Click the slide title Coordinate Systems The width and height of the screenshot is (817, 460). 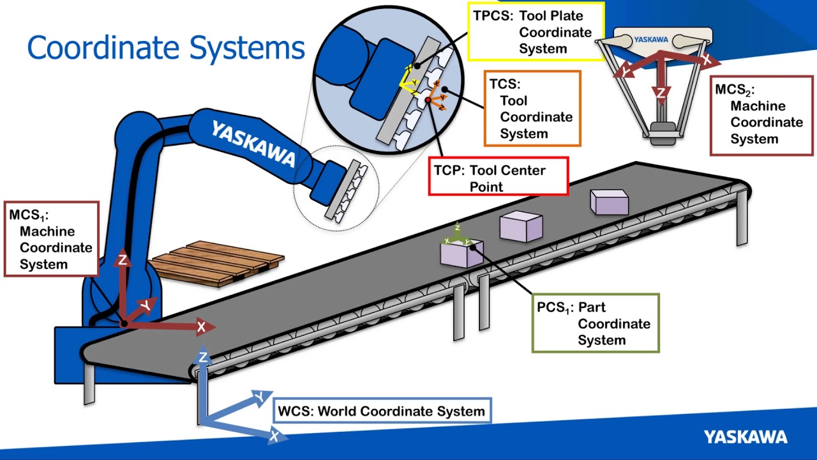coord(166,48)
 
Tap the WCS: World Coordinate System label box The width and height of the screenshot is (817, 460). coord(383,411)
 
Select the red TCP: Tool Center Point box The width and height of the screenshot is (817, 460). coord(498,178)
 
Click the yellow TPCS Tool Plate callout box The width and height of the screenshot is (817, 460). coord(536,32)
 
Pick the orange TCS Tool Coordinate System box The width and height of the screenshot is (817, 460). coord(532,109)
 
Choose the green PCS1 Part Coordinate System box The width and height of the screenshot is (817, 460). coord(596,323)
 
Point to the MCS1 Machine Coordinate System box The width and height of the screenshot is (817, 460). coord(52,240)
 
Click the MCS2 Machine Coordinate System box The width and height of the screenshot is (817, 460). coord(761,114)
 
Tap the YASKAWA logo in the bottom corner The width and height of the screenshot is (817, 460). coord(746,437)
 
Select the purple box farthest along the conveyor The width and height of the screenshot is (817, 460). coord(610,201)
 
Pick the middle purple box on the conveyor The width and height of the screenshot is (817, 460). coord(521,227)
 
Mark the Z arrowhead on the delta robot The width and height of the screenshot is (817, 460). coord(661,95)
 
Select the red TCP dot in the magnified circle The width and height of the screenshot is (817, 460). coord(428,100)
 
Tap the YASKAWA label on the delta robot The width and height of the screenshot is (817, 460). coord(651,40)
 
